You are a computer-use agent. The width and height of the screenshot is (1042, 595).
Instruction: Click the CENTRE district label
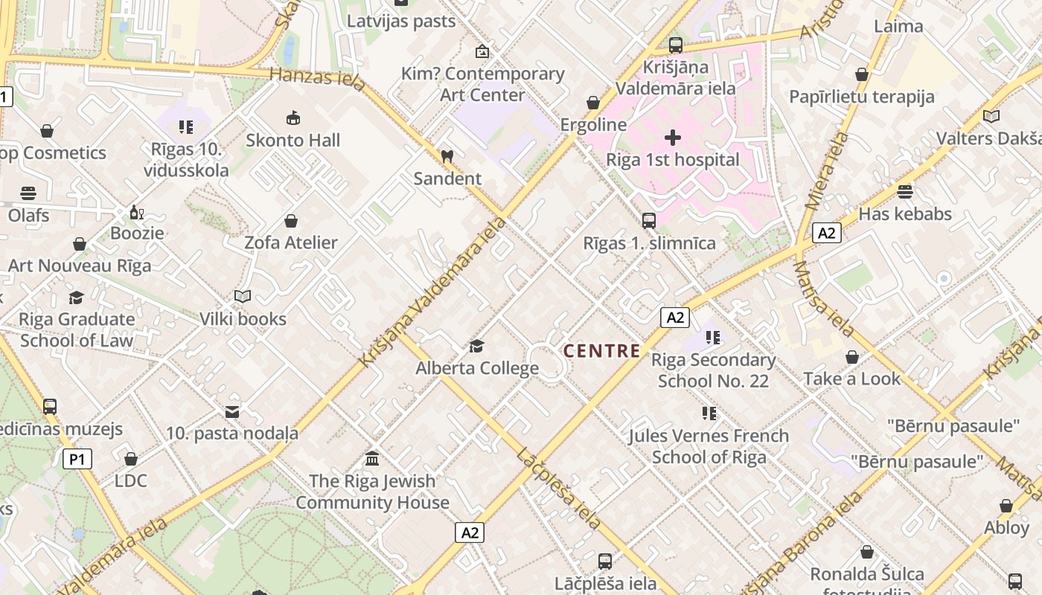[x=601, y=351]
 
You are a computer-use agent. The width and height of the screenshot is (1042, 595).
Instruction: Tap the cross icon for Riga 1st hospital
[x=673, y=138]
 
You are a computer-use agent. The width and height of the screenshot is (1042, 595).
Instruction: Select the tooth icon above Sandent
[x=447, y=157]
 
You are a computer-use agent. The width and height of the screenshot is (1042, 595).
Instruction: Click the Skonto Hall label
[x=293, y=140]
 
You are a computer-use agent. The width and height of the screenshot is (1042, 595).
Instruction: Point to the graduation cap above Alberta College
[x=476, y=346]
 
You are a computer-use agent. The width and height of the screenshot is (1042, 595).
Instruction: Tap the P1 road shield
[x=77, y=459]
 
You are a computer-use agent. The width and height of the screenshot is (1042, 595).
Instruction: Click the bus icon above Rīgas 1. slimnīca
[x=649, y=221]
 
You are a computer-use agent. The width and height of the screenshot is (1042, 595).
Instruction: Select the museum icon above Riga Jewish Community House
[x=372, y=459]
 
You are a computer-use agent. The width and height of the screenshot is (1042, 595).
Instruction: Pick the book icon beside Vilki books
[x=243, y=297]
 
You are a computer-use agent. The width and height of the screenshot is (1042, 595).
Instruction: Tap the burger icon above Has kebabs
[x=904, y=192]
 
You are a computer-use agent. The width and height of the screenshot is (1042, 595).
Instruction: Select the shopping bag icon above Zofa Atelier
[x=291, y=221]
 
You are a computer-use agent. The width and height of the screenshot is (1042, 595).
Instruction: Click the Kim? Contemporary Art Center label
[x=482, y=84]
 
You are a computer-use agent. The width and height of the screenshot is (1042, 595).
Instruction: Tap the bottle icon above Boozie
[x=136, y=213]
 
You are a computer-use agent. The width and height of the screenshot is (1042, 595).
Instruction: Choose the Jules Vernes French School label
[x=709, y=446]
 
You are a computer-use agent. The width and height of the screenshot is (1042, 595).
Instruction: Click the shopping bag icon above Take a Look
[x=852, y=357]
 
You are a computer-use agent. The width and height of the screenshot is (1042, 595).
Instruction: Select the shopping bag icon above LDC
[x=131, y=459]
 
